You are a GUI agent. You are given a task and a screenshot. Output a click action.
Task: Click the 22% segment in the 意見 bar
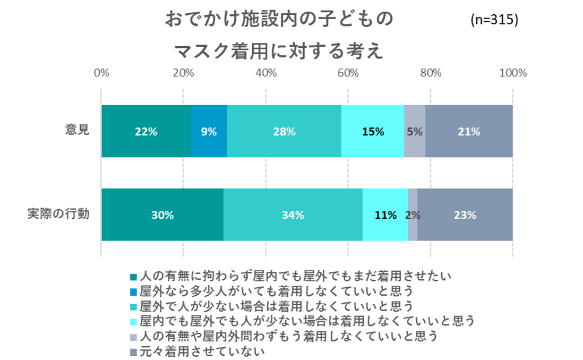coord(146,131)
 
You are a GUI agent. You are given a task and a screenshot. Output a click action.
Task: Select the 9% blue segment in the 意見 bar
coord(209,131)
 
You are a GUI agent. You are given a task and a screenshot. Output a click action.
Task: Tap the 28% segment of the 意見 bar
coord(284,131)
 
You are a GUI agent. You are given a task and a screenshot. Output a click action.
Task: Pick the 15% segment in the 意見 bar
coord(373,131)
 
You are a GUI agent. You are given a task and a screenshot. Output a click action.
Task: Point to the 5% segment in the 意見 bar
coord(415,131)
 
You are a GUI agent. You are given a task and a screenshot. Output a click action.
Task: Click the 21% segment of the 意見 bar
coord(469,131)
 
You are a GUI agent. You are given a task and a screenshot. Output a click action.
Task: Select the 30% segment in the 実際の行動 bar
coord(162,215)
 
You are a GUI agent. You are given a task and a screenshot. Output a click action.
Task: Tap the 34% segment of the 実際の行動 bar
coord(293,215)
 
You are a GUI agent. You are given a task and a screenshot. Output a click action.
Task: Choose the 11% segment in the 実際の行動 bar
coord(385,215)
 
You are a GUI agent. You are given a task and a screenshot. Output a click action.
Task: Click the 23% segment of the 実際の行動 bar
coord(465,215)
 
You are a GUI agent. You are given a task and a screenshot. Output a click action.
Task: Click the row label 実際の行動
coord(58,215)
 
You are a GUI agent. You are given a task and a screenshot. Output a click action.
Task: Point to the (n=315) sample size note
coord(494,20)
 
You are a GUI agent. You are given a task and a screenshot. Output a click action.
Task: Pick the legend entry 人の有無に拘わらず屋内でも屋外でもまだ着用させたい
coord(295,276)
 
